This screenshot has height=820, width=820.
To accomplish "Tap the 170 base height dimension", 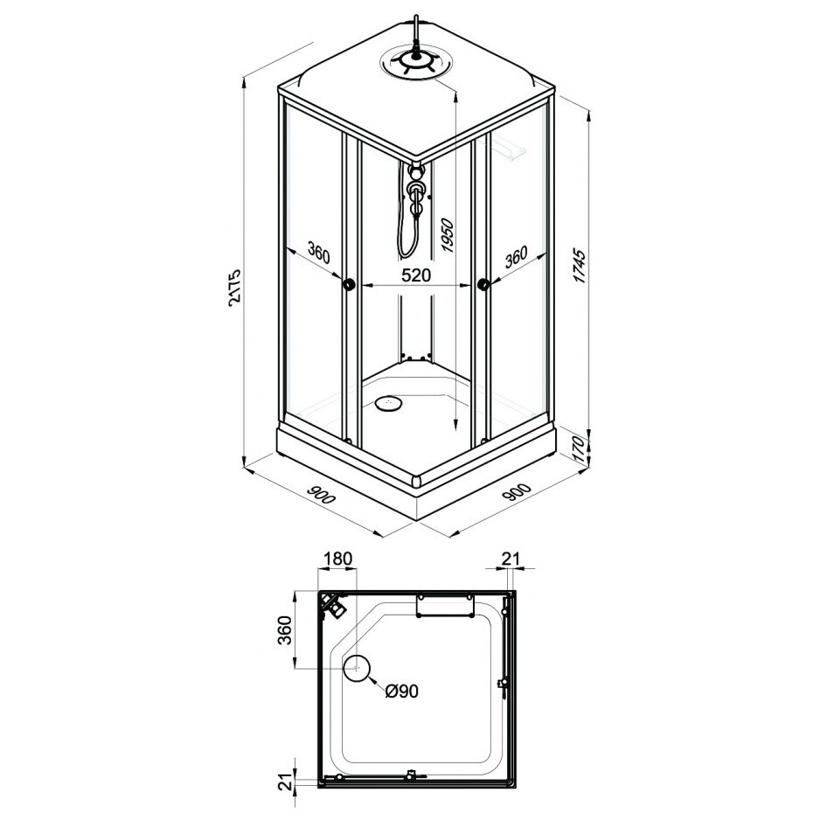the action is (x=580, y=448).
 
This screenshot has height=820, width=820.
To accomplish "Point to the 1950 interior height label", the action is (x=447, y=236).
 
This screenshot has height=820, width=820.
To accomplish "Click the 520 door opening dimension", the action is (x=416, y=274).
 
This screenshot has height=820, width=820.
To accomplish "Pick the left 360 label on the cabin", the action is (x=319, y=253).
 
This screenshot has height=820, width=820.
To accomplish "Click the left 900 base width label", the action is (x=321, y=494).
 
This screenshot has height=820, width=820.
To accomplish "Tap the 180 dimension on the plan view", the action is (x=337, y=559).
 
